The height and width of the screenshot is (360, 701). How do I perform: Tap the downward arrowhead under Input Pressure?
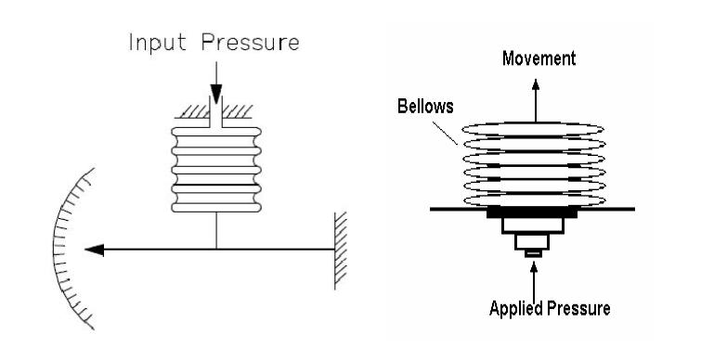(x=215, y=97)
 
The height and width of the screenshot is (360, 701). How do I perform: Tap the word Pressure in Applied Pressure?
(x=577, y=309)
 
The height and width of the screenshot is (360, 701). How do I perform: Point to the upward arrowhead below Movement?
(x=535, y=82)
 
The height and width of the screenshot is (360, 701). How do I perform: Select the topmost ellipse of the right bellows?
(x=534, y=129)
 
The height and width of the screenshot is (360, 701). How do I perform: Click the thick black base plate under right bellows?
(x=533, y=213)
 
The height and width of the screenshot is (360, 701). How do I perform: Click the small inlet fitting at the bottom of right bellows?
(x=533, y=252)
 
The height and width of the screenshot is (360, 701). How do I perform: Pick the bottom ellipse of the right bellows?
(x=534, y=200)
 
